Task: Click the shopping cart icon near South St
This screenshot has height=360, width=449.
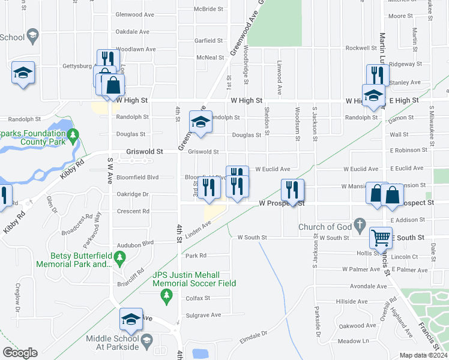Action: click(x=381, y=238)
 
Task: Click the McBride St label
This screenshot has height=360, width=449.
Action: click(x=208, y=10)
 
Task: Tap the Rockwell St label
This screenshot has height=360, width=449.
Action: click(x=360, y=48)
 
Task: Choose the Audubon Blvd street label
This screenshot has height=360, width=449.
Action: click(x=136, y=243)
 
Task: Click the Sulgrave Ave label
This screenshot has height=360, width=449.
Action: click(x=204, y=315)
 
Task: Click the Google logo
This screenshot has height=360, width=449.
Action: click(x=20, y=353)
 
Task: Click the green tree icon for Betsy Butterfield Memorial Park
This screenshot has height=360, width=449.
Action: click(x=119, y=257)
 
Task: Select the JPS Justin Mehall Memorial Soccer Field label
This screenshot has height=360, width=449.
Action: click(x=193, y=279)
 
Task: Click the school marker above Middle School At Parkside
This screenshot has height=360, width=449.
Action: click(x=131, y=321)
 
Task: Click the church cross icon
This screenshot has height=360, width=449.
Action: click(x=360, y=226)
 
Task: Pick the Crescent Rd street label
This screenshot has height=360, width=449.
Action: click(x=133, y=211)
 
